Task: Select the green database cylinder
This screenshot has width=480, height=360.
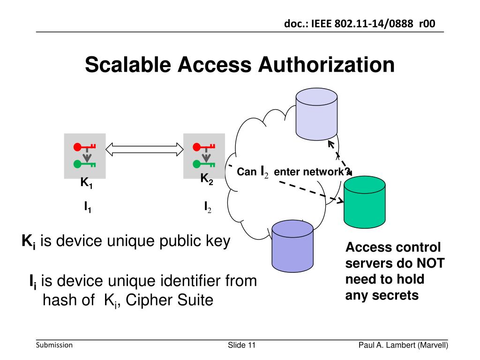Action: coord(365,204)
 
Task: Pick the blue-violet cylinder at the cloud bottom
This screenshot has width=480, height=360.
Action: coord(292,246)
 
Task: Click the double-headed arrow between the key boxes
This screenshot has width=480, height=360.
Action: coord(144,149)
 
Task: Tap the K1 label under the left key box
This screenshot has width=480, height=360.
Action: coord(86,183)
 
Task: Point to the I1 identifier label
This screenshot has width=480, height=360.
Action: coord(88,207)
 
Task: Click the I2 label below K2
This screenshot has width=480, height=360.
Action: coord(207,207)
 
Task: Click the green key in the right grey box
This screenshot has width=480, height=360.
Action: coord(203,164)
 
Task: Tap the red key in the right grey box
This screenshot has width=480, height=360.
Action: coord(203,147)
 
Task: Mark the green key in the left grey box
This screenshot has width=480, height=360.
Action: coord(84,164)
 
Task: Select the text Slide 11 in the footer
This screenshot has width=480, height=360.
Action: coord(242,345)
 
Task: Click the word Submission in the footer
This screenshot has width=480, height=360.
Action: coord(54,345)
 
